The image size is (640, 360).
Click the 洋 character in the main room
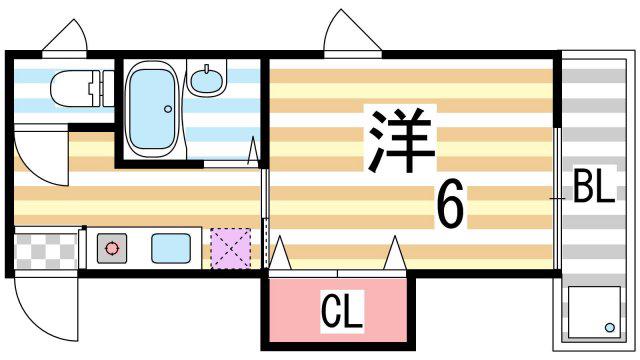[x=401, y=140]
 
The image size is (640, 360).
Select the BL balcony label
[x=593, y=187]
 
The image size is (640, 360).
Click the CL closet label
[x=342, y=311]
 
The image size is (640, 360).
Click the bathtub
[x=152, y=109]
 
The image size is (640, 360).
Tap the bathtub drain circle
[x=168, y=109]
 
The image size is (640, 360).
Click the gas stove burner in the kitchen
[x=112, y=248]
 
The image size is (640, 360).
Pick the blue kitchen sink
[x=171, y=248]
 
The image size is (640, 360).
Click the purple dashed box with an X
[x=231, y=249]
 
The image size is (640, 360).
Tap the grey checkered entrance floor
[x=45, y=251]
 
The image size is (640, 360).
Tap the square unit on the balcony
[x=594, y=312]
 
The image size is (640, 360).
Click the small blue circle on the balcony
[x=610, y=327]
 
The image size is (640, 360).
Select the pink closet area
[x=338, y=310]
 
